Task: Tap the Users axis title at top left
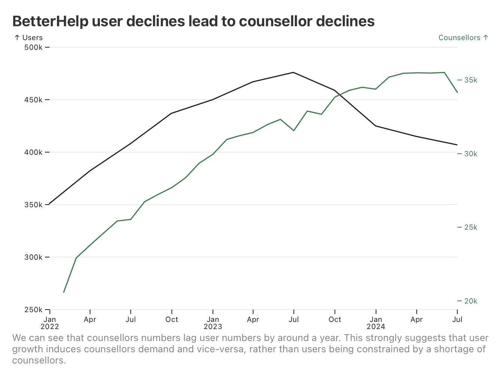click(28, 37)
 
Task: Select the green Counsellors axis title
click(463, 37)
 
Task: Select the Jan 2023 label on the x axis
click(213, 323)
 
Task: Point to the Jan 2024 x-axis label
click(376, 323)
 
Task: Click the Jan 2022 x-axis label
click(50, 323)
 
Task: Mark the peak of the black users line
click(293, 72)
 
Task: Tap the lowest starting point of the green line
click(64, 292)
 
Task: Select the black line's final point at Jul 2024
click(457, 145)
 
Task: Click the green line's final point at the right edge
click(457, 92)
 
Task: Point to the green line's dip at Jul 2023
click(294, 130)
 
